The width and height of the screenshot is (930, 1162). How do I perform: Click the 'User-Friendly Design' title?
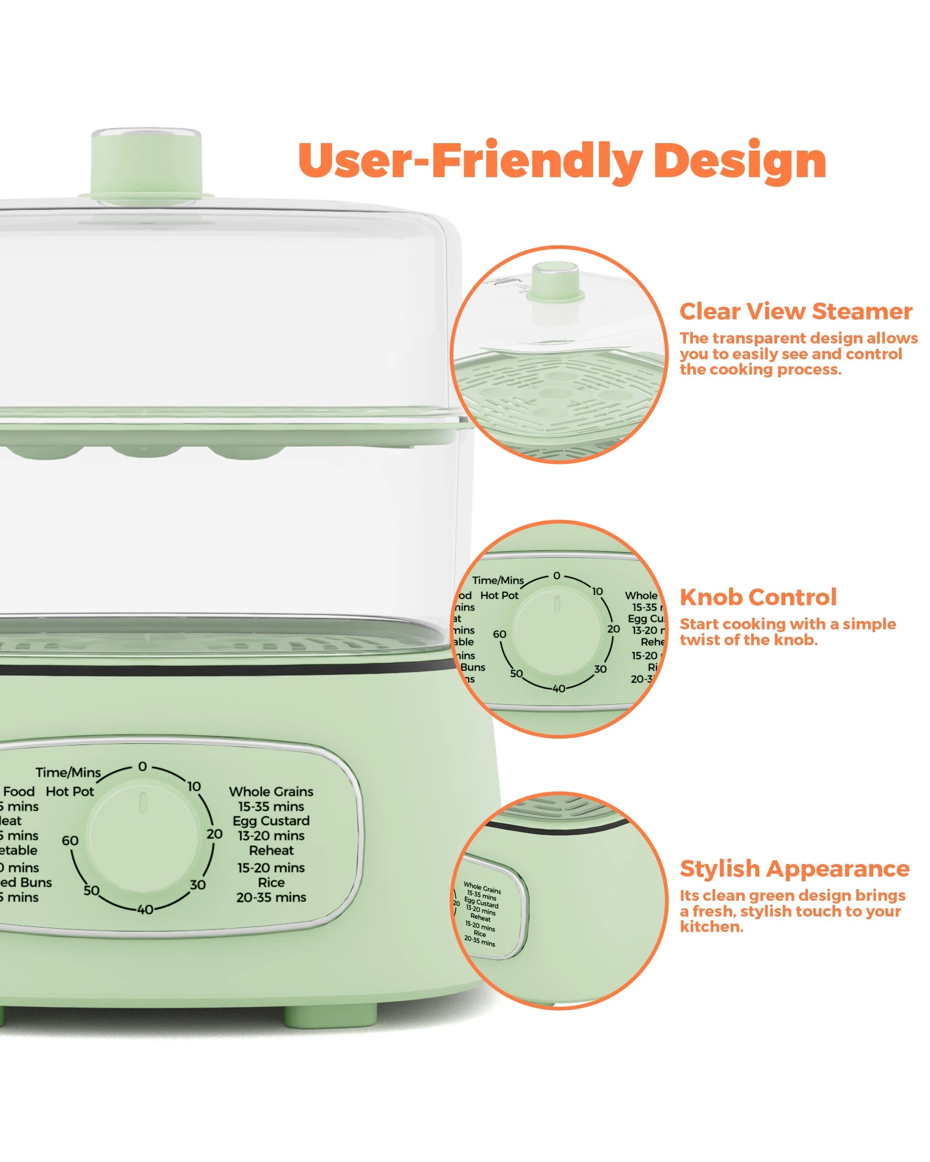pos(562,161)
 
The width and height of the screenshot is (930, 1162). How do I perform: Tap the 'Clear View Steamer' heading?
pos(795,311)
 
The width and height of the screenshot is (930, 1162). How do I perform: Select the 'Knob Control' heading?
pos(758,597)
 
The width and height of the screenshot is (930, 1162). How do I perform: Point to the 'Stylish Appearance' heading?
pos(794,869)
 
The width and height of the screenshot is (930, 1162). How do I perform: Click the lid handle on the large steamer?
pos(146,165)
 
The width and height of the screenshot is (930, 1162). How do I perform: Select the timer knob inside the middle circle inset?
pos(558,630)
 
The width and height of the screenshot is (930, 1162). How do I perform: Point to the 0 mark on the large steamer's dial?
pos(142,766)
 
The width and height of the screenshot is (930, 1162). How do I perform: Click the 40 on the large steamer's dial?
pos(145,910)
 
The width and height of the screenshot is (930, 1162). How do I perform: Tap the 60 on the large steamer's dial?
pos(70,841)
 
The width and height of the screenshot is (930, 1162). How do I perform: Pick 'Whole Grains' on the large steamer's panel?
pos(271,791)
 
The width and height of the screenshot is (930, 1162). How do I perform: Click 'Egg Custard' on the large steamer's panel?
pos(271,821)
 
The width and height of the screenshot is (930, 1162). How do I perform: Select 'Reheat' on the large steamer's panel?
pos(271,851)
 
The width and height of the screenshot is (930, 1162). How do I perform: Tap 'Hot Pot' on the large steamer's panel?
pos(70,791)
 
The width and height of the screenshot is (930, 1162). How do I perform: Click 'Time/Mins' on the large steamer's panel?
pos(68,772)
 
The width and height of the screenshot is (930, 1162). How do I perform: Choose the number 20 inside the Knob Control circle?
pos(613,629)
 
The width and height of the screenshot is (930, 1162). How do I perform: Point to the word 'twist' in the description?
pos(698,640)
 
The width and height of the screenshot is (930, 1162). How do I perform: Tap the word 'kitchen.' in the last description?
pos(711,926)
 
